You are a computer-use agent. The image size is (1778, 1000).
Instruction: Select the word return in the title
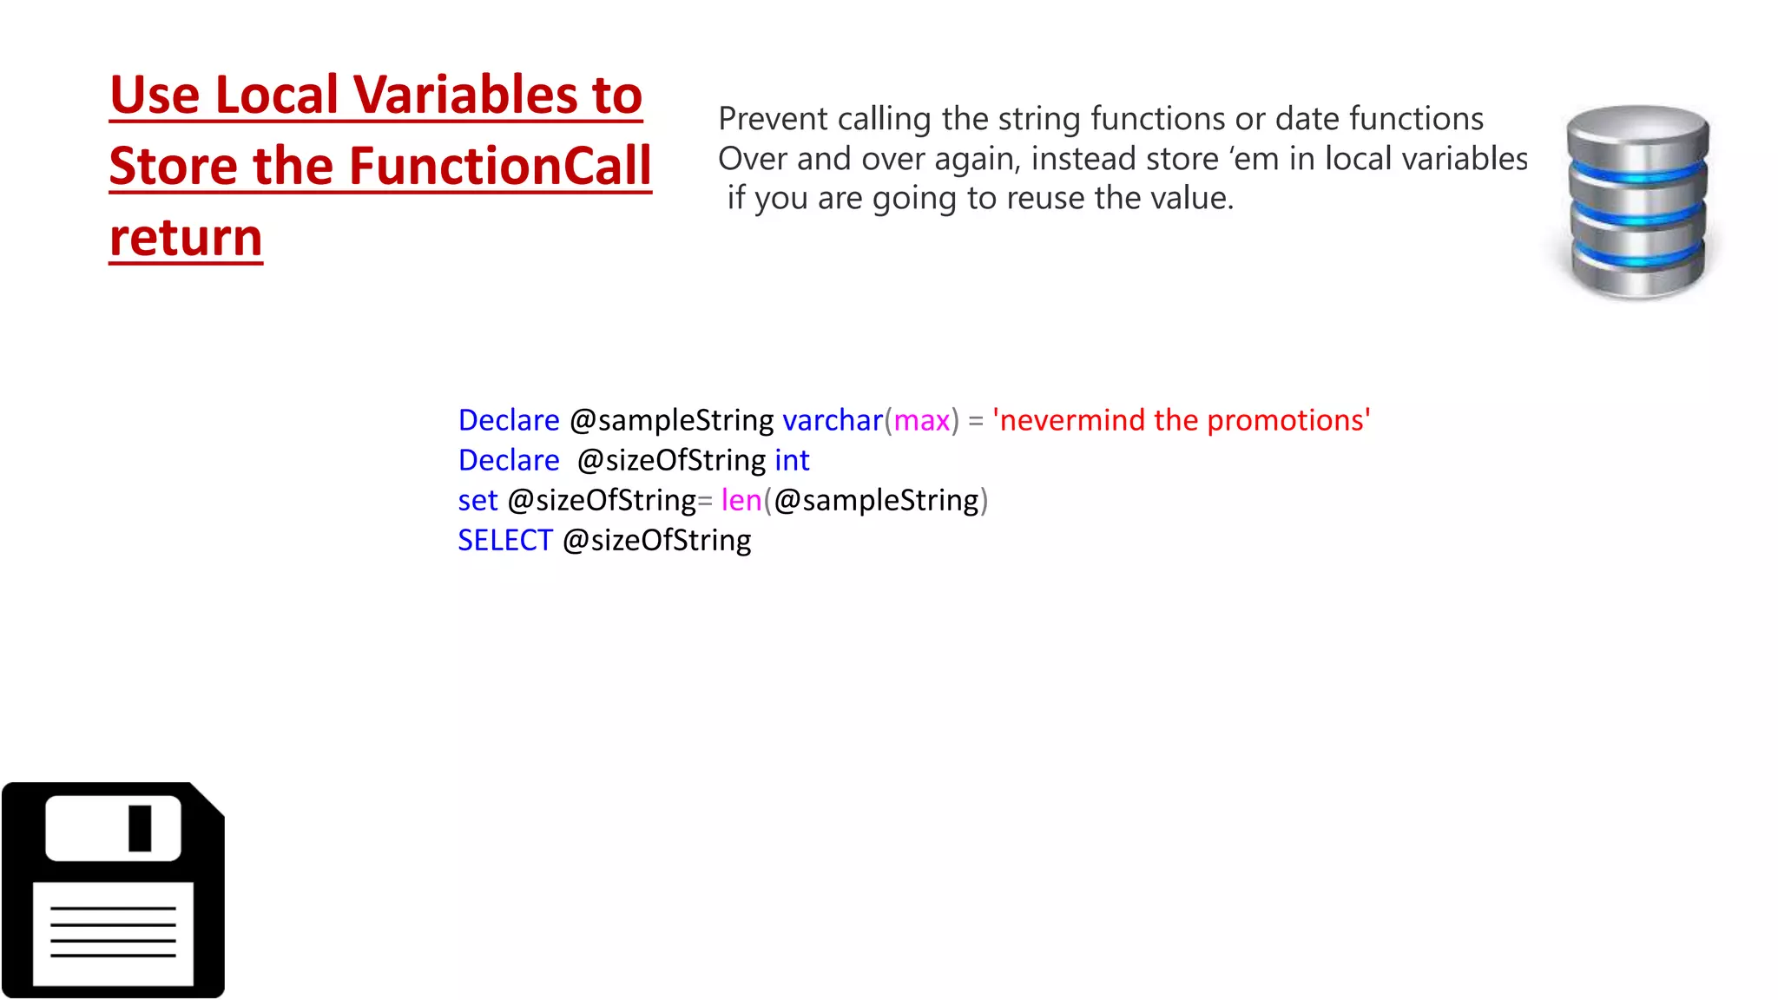pyautogui.click(x=186, y=237)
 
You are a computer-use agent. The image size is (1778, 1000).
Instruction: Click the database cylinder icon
pyautogui.click(x=1637, y=201)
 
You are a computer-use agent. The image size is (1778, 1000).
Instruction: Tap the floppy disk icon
pyautogui.click(x=113, y=890)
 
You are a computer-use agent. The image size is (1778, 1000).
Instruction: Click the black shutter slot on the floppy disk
pyautogui.click(x=140, y=828)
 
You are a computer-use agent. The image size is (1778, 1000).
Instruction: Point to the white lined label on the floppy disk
pyautogui.click(x=113, y=933)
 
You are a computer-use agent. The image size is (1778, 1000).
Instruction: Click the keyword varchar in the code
pyautogui.click(x=832, y=420)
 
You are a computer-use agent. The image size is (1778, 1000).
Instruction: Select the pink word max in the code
pyautogui.click(x=921, y=420)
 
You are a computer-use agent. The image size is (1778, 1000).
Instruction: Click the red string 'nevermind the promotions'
pyautogui.click(x=1182, y=420)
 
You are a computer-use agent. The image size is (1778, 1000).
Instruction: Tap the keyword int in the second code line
pyautogui.click(x=792, y=460)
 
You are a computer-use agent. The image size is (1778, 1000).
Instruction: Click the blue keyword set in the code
pyautogui.click(x=477, y=500)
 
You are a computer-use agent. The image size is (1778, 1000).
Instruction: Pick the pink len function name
pyautogui.click(x=741, y=500)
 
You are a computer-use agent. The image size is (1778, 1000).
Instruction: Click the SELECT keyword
pyautogui.click(x=505, y=540)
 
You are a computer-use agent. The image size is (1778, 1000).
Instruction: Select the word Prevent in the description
pyautogui.click(x=773, y=119)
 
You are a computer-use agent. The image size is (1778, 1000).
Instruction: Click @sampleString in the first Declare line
pyautogui.click(x=671, y=420)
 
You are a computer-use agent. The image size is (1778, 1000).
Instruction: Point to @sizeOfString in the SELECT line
pyautogui.click(x=657, y=540)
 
